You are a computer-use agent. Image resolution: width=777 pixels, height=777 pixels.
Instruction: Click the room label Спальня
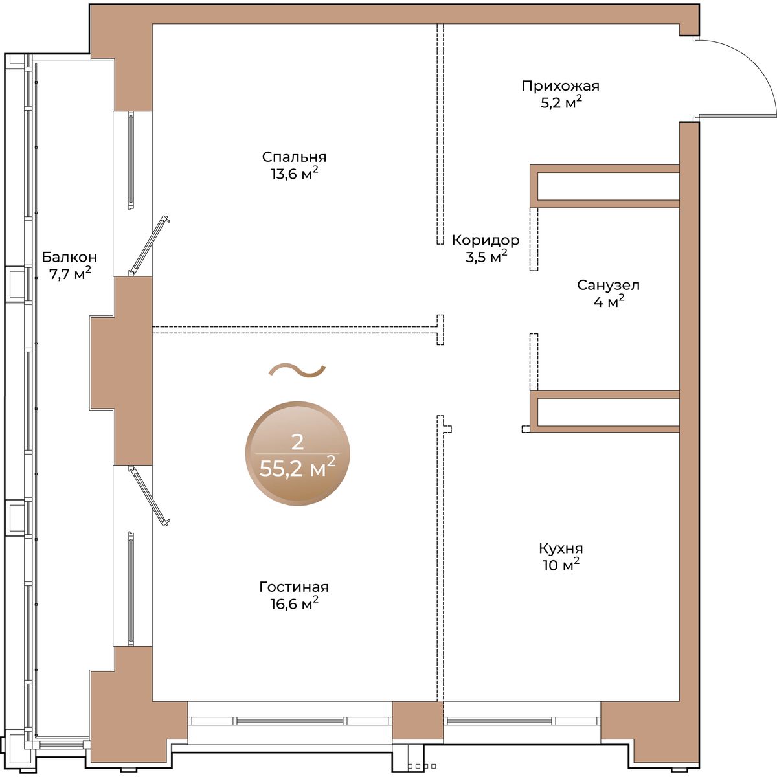coord(294,157)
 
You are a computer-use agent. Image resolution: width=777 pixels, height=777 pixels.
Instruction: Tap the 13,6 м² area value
coord(295,174)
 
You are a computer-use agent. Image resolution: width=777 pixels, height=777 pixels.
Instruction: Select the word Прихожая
coord(561,86)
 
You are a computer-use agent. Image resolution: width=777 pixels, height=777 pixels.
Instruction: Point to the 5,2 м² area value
coord(561,102)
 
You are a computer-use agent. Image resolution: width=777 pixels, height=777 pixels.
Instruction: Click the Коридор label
coord(486,241)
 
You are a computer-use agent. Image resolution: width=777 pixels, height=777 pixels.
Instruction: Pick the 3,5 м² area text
coord(486,256)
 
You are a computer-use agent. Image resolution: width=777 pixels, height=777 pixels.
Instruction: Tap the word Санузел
coord(608,286)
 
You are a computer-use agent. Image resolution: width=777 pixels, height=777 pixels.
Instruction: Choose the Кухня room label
coord(561,548)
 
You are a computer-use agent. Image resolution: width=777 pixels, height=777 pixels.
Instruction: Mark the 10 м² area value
coord(561,565)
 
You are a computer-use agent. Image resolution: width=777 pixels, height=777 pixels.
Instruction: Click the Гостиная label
coord(294,587)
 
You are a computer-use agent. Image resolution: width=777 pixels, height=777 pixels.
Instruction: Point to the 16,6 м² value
coord(295,603)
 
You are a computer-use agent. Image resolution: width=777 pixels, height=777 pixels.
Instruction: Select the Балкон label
coord(69,257)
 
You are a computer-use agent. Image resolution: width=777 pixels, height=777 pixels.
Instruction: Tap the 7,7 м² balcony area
coord(70,273)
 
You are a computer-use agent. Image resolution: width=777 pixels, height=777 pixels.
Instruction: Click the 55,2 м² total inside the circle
coord(297,467)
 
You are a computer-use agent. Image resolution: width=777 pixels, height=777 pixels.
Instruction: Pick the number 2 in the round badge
coord(297,442)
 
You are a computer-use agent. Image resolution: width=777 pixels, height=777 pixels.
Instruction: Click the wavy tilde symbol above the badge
coord(297,370)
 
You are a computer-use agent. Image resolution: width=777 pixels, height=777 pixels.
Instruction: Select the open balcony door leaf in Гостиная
coord(149,495)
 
